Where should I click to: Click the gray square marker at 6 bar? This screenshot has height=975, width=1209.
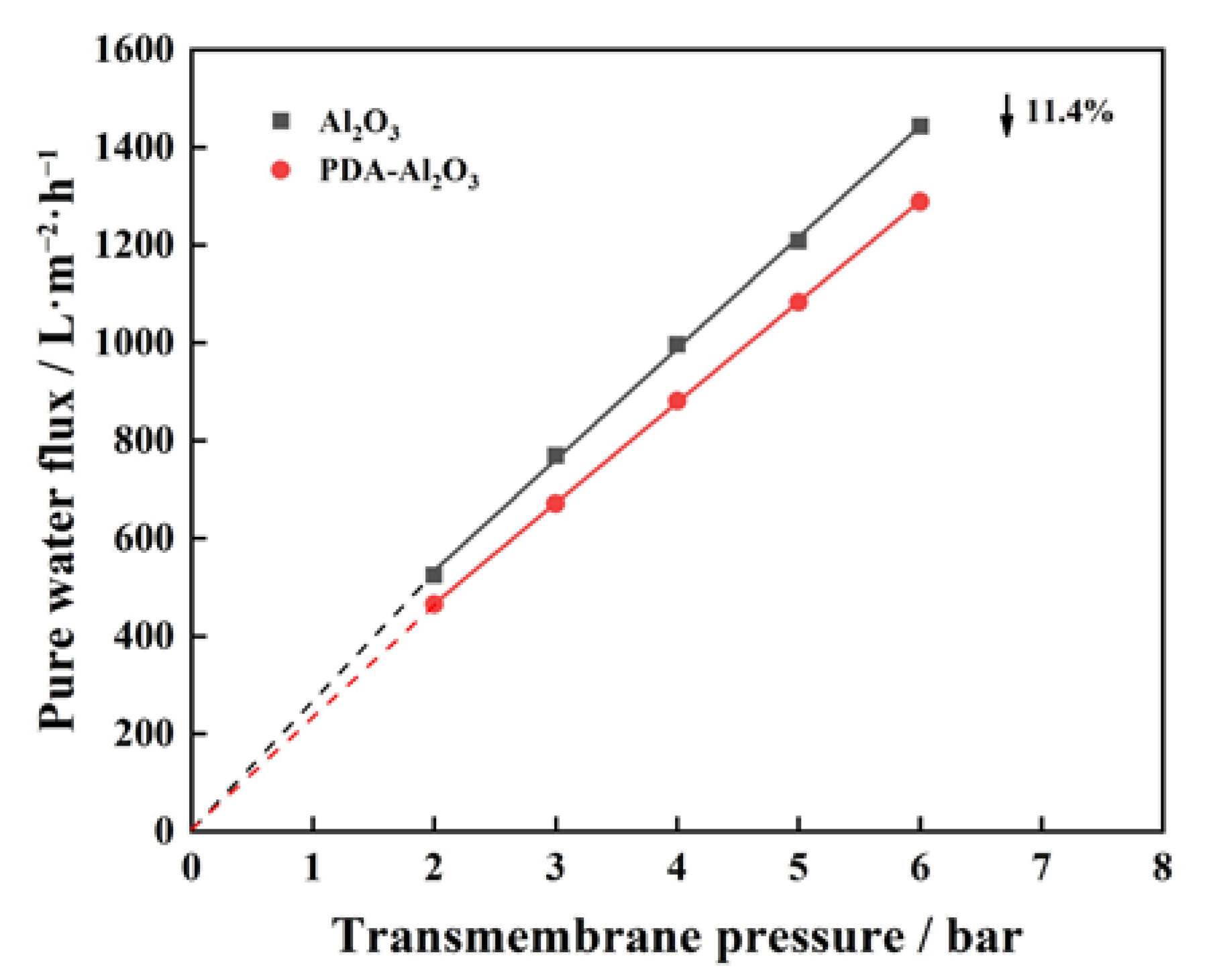[920, 126]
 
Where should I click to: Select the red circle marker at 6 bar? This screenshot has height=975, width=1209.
[920, 201]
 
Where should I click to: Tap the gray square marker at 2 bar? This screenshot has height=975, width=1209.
[434, 574]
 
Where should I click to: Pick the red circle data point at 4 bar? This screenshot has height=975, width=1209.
[677, 401]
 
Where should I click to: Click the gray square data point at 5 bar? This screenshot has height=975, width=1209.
[798, 240]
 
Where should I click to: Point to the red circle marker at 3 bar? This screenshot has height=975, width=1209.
[556, 503]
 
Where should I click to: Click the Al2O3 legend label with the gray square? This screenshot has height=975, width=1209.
[359, 123]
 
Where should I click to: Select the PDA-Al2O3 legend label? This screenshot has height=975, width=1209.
[399, 172]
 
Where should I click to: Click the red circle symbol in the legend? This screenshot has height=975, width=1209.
[281, 170]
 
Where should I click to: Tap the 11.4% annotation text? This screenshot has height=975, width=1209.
[1069, 112]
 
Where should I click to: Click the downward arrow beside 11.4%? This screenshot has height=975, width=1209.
[1006, 116]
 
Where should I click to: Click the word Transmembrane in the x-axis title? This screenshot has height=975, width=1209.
[518, 936]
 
